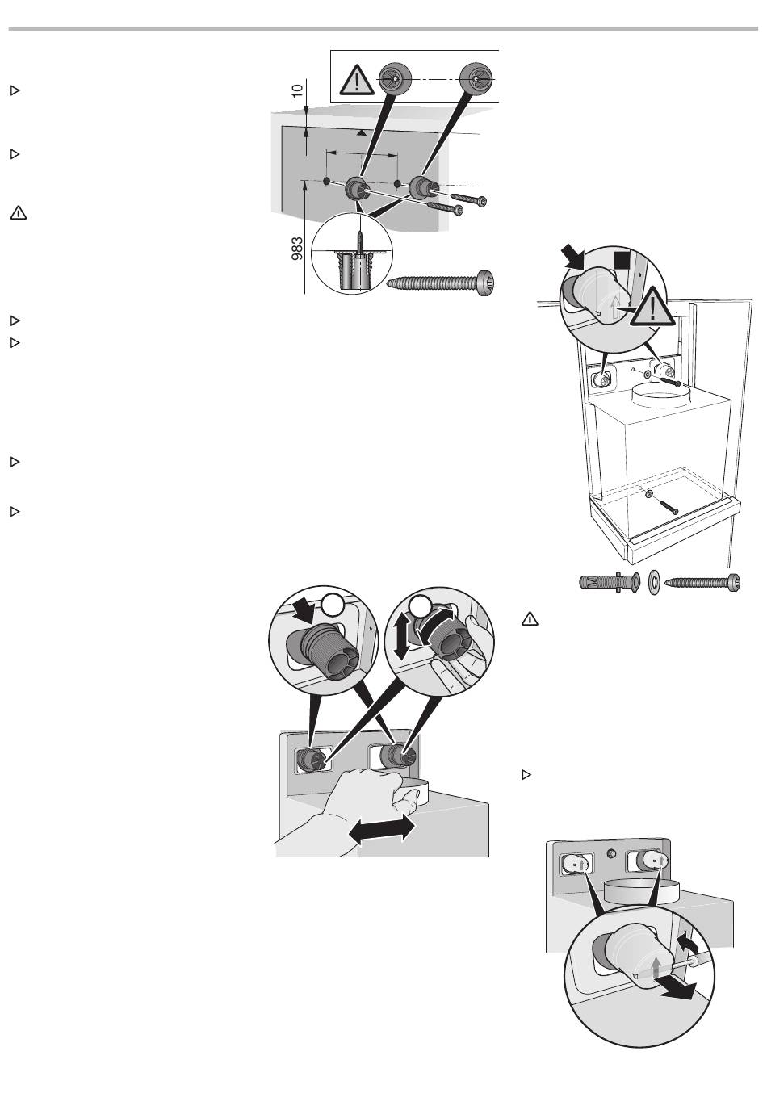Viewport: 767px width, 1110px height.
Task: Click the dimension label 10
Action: click(x=297, y=90)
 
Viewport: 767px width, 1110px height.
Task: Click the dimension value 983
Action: click(x=297, y=249)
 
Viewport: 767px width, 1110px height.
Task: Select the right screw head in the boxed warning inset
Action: click(x=476, y=79)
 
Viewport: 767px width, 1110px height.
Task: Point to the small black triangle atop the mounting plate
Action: click(x=363, y=132)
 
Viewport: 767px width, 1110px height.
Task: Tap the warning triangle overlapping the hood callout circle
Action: click(x=653, y=308)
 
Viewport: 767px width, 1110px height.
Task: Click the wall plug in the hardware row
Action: click(x=610, y=581)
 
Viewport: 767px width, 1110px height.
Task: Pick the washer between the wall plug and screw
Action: click(x=653, y=582)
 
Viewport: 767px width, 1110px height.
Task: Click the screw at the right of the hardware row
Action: click(x=702, y=580)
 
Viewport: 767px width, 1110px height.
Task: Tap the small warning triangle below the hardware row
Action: click(x=530, y=619)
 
